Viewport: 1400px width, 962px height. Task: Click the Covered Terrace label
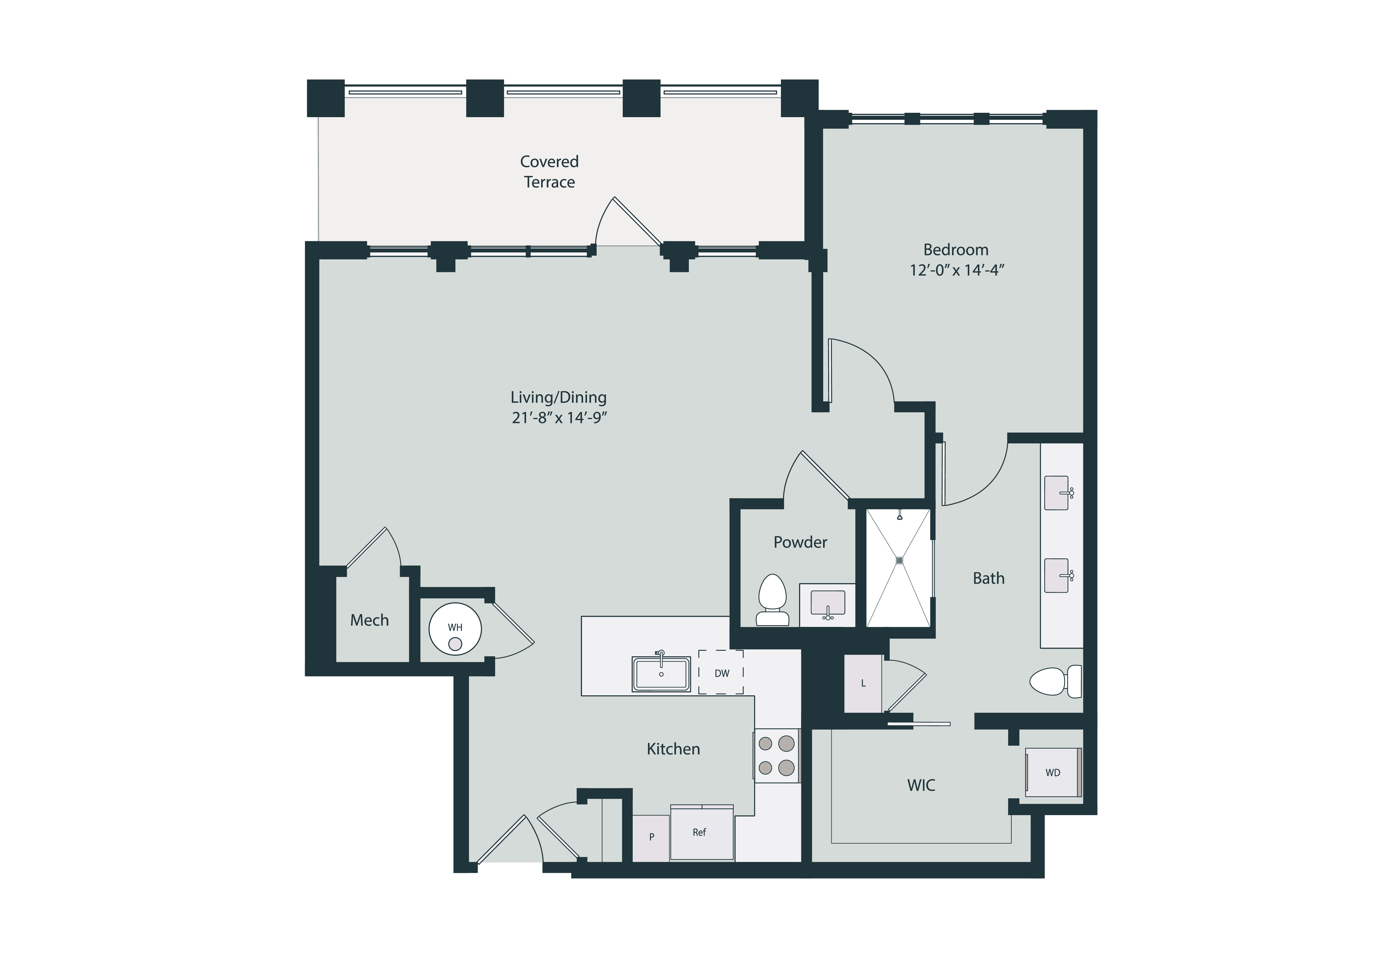click(x=549, y=172)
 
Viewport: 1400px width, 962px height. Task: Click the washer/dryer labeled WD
click(x=1053, y=773)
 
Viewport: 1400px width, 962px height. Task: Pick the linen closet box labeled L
click(x=863, y=683)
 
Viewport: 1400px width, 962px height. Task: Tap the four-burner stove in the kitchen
click(x=776, y=756)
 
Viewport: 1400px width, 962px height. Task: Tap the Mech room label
click(x=369, y=620)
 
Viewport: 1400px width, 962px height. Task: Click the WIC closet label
click(x=921, y=785)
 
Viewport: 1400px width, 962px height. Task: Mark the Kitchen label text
click(x=673, y=749)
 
